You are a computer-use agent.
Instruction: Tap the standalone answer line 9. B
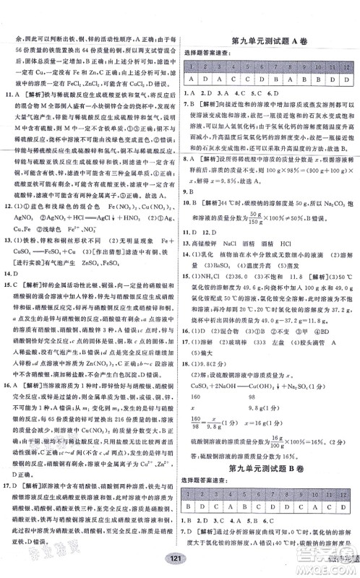click(189, 191)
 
